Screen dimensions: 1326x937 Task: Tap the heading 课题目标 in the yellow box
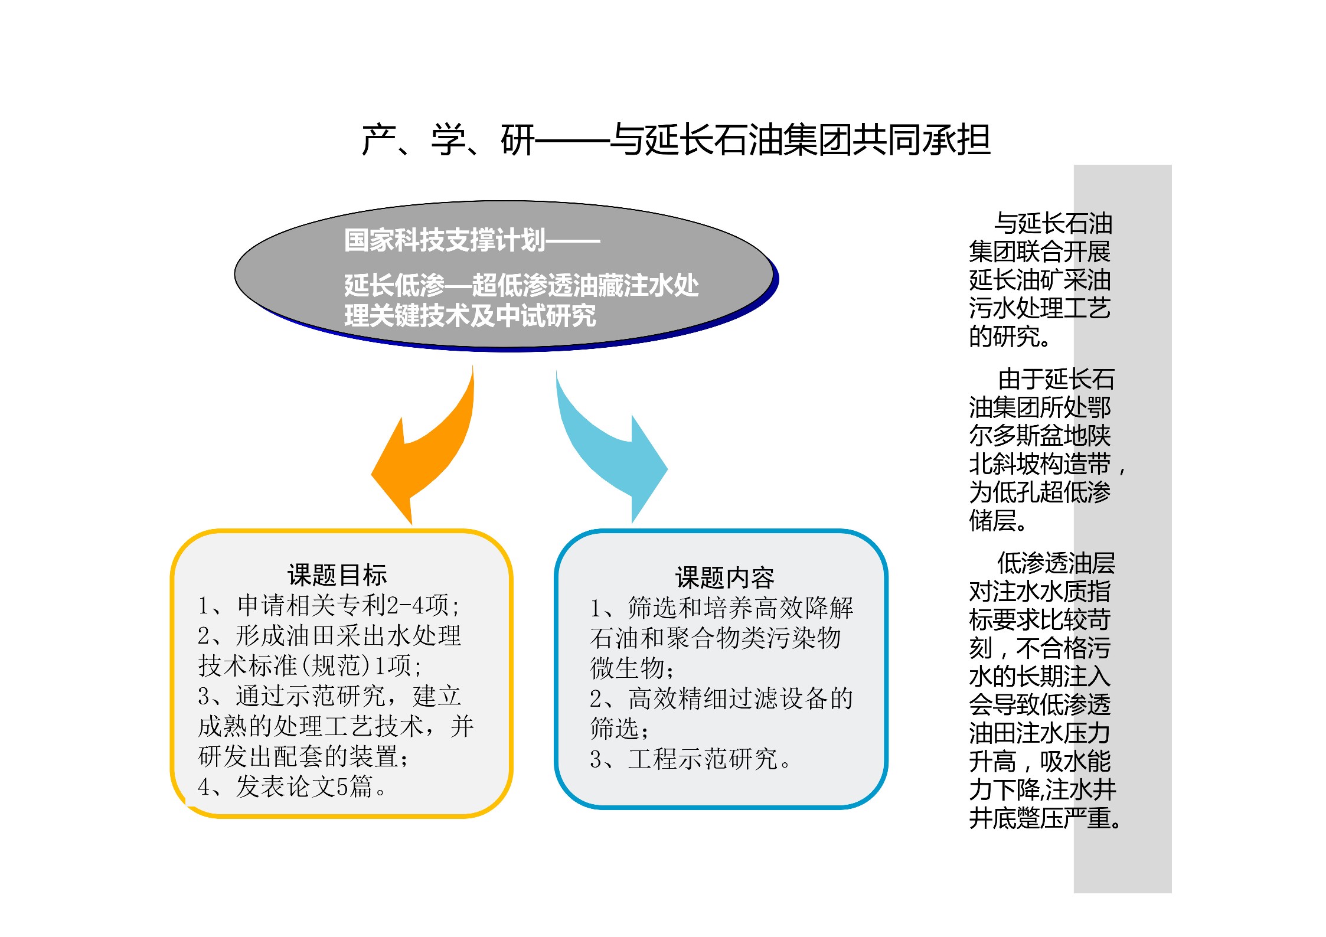[337, 574]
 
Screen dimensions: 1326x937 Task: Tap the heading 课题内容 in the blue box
[724, 577]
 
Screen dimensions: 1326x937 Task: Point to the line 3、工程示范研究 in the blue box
[690, 759]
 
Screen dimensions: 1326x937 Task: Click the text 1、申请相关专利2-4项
[328, 605]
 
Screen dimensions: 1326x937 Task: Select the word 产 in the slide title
[378, 140]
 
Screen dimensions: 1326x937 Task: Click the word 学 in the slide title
[449, 140]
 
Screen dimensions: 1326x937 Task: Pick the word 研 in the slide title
[518, 140]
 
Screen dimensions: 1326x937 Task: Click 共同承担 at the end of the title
[922, 140]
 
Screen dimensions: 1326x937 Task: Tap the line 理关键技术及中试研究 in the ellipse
[470, 315]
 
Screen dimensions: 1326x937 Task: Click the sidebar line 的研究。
[1010, 337]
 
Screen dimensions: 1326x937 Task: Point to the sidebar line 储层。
[998, 520]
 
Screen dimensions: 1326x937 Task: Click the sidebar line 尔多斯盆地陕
[1040, 435]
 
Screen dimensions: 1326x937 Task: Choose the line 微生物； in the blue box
[632, 668]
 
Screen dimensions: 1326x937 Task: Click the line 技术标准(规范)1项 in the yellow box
[310, 665]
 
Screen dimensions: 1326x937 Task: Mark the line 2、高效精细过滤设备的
[721, 698]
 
